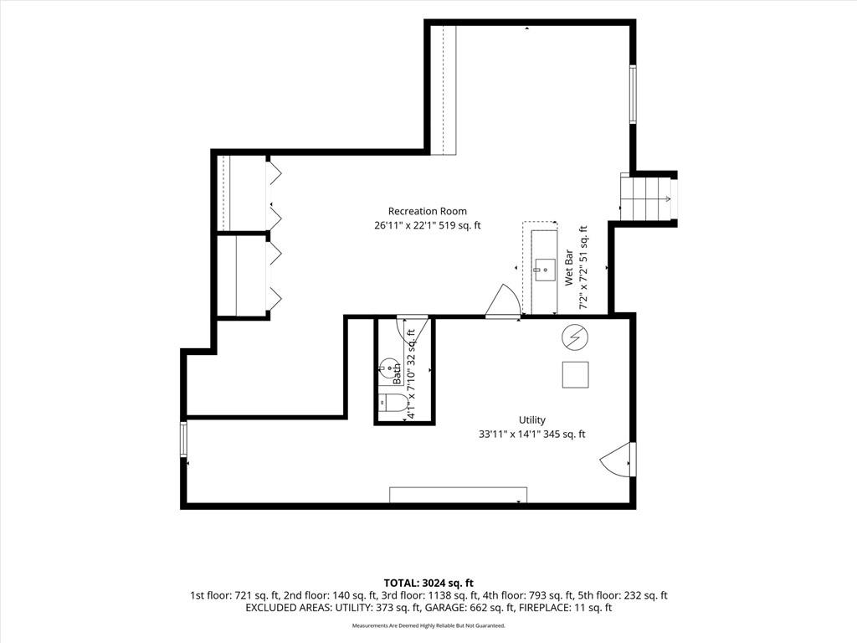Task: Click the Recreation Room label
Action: tap(428, 211)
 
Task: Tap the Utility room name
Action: tap(531, 420)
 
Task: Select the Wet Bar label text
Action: tap(569, 267)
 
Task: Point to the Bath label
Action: tap(398, 374)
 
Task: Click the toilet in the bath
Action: tap(393, 403)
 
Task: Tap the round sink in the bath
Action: tap(388, 368)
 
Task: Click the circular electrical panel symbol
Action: tap(575, 338)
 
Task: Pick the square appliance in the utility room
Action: tap(576, 374)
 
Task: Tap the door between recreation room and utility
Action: tap(503, 301)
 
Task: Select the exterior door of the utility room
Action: tap(618, 460)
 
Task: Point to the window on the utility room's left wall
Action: tap(183, 439)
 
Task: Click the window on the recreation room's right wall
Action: tap(633, 94)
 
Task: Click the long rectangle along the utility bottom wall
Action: tap(458, 495)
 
